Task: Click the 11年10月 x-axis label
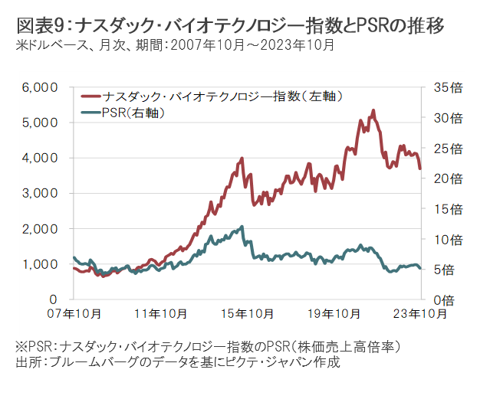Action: click(158, 313)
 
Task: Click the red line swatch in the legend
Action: click(90, 97)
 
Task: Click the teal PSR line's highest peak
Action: click(242, 227)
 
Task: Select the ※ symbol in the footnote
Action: click(21, 346)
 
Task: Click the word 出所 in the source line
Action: click(28, 361)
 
